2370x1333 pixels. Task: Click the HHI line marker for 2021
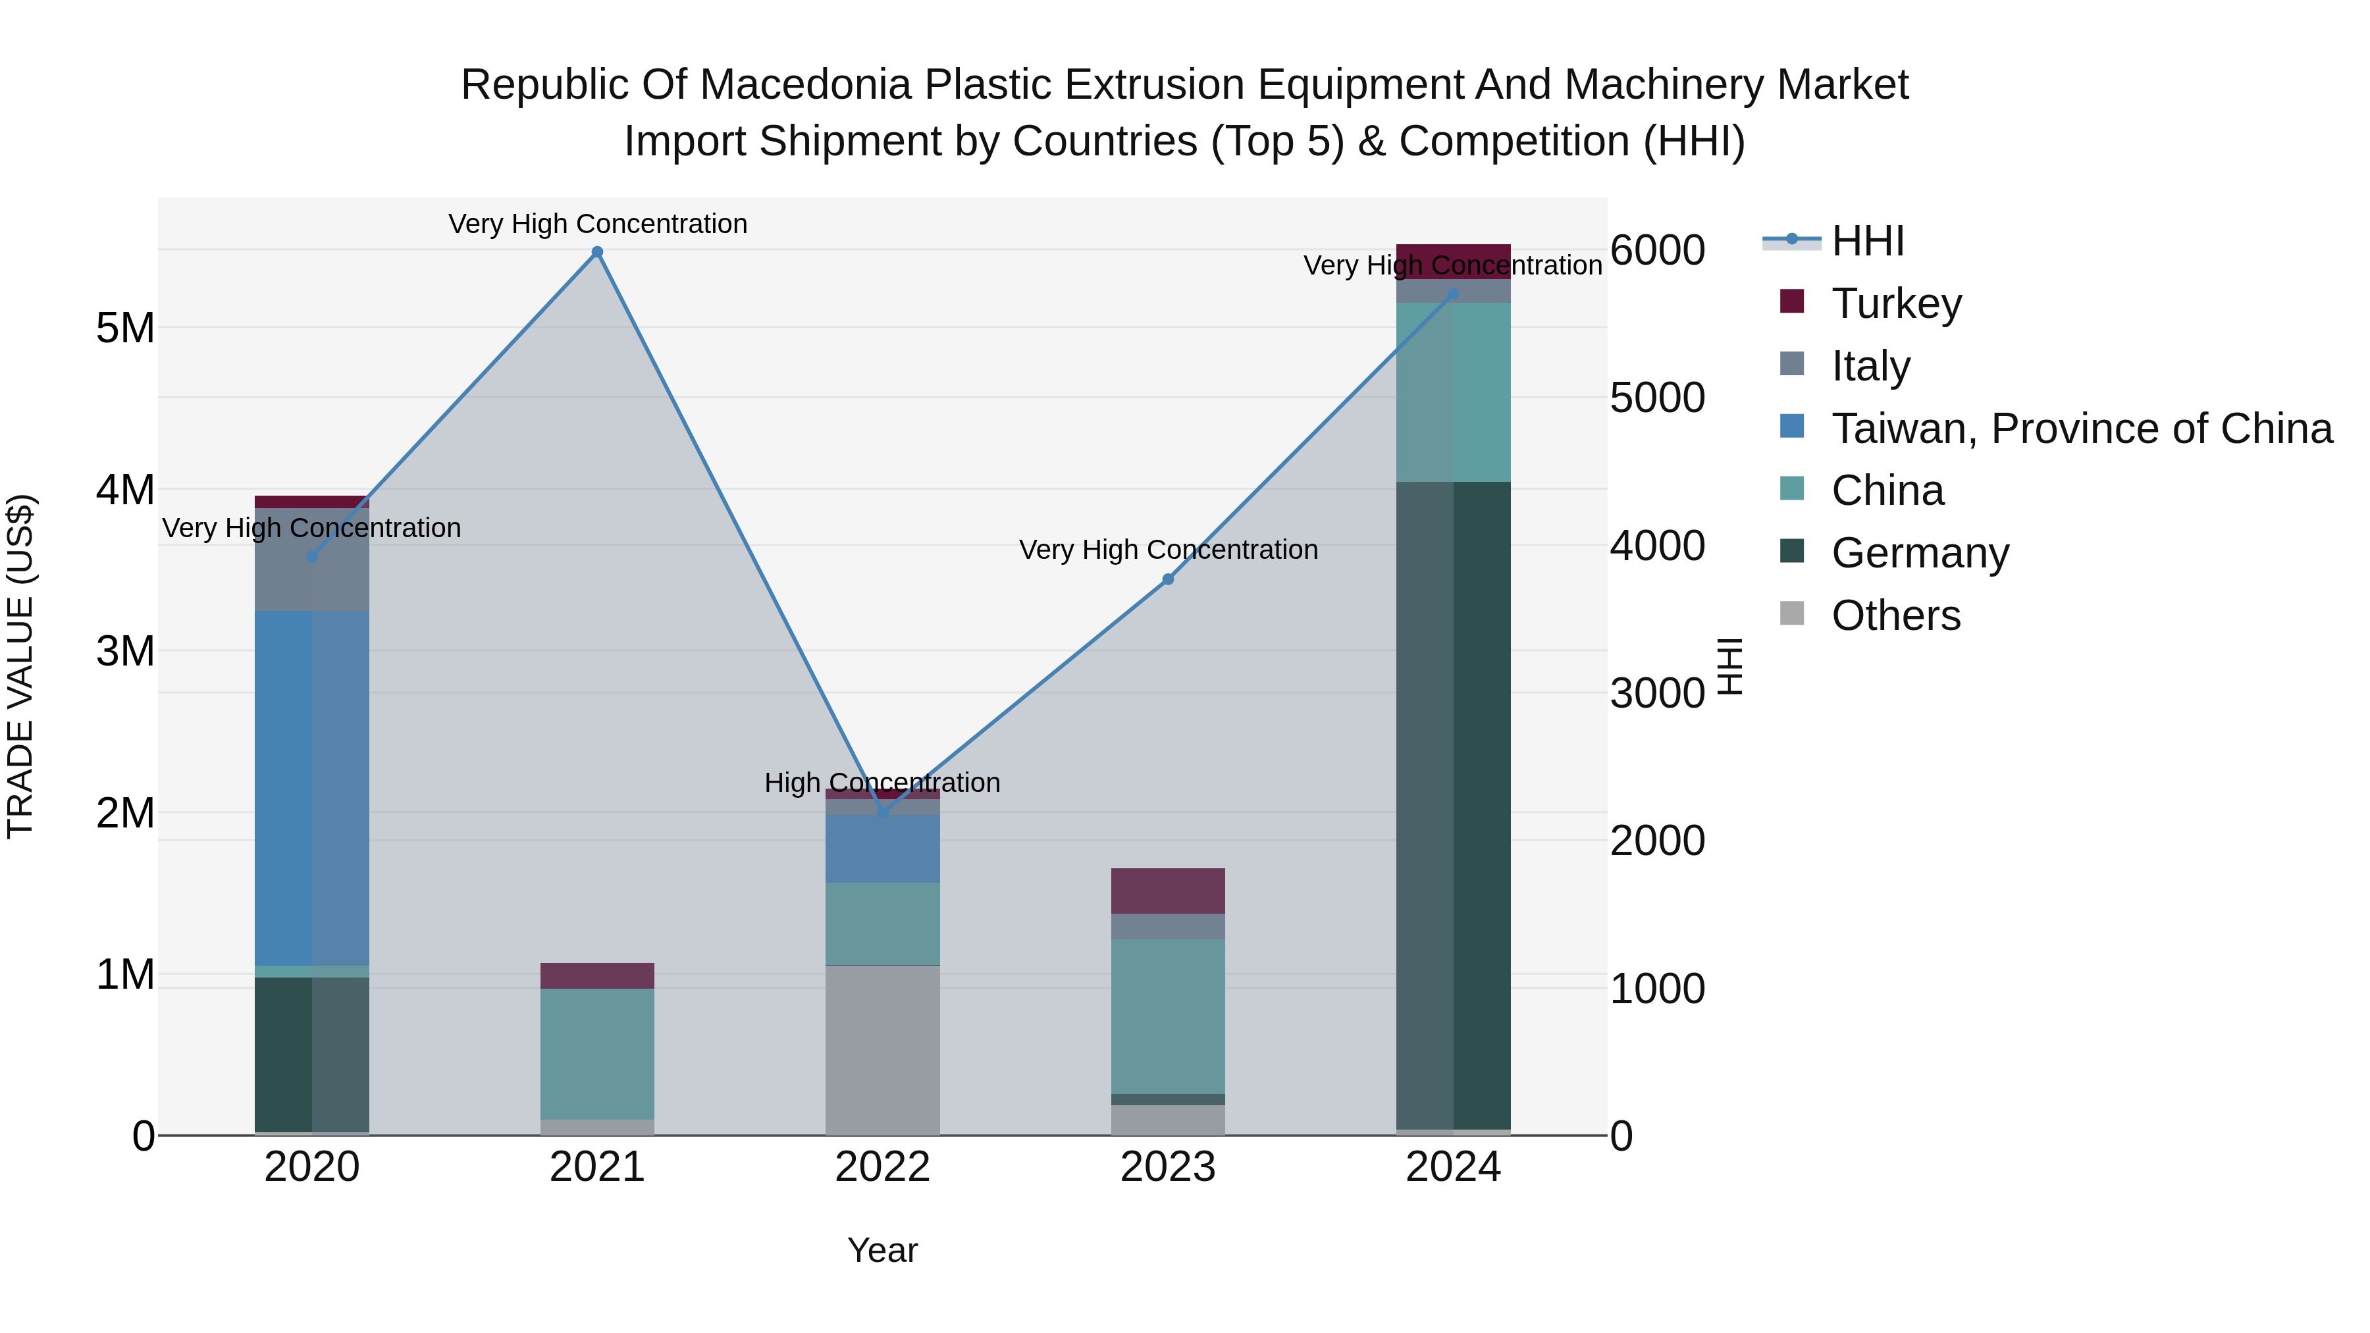597,252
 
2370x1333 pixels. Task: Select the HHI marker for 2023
1167,579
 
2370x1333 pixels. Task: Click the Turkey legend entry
1896,303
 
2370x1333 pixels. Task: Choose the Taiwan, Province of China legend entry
2081,429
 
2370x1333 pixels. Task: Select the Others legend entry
1895,615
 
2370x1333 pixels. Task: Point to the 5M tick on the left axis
125,328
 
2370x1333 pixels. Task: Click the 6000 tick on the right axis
1657,250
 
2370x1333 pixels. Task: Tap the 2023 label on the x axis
1167,1167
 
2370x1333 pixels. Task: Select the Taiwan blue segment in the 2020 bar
312,787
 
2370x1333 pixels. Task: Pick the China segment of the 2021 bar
597,1053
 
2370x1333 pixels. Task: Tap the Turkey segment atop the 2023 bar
1167,891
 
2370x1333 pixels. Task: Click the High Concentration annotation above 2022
882,783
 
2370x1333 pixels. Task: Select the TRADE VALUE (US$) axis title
21,666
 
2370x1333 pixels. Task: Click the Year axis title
882,1250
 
